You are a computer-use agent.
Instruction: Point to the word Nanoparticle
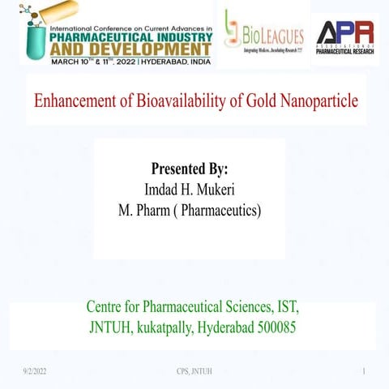click(x=323, y=102)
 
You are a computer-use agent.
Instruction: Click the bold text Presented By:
click(x=190, y=170)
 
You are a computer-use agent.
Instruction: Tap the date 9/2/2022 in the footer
click(x=35, y=372)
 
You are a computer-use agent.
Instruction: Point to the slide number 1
click(x=365, y=372)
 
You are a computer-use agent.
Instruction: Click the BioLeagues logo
click(x=263, y=36)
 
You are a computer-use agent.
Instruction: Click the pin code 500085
click(x=276, y=329)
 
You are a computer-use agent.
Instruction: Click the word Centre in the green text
click(x=108, y=308)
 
